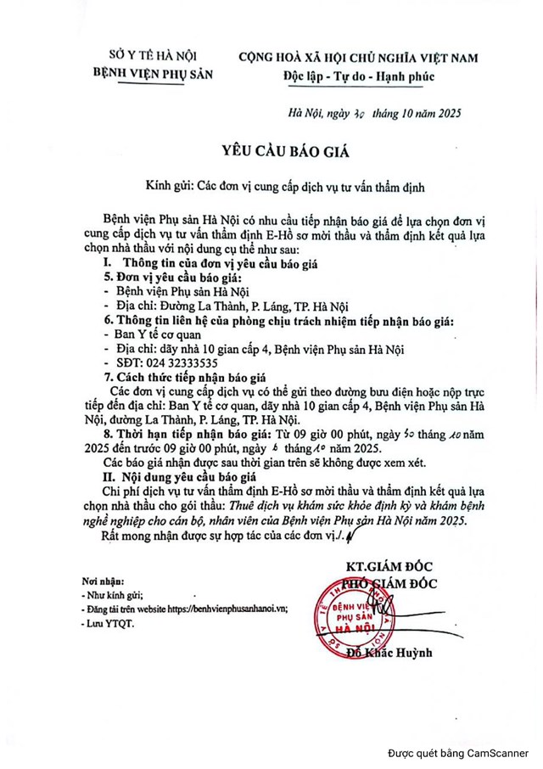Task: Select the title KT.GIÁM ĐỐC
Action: point(389,566)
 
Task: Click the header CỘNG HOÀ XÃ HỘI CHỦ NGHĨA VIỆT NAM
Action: point(357,58)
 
